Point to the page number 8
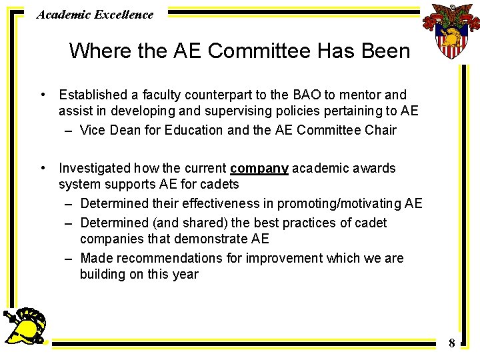451,343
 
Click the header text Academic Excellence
95,14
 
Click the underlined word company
259,169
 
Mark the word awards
374,169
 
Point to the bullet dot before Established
42,95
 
